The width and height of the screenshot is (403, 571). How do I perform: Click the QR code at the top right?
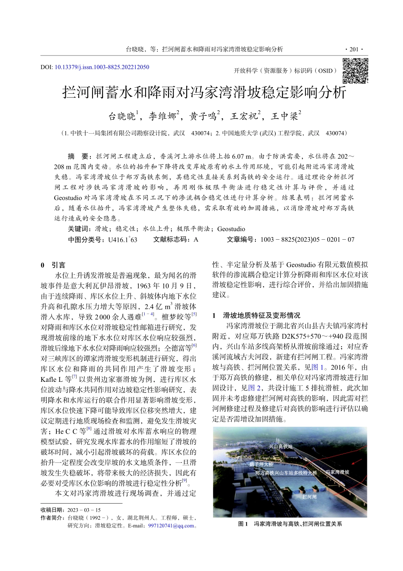[355, 70]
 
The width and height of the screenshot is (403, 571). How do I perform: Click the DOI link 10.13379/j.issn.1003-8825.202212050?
[102, 67]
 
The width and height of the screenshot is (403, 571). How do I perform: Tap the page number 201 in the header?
[354, 49]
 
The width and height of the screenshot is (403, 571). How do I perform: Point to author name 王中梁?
[285, 116]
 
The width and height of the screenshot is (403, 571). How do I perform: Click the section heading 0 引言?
[53, 265]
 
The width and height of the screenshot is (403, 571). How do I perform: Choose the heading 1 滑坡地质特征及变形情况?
[256, 315]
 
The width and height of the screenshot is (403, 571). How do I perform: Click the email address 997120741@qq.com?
[171, 526]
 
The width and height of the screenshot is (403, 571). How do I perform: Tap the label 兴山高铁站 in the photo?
[280, 447]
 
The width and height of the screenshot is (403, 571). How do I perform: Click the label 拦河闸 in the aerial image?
[309, 496]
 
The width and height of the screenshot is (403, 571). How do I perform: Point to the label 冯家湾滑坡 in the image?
[337, 472]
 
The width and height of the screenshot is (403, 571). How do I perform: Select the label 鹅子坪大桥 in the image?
[261, 465]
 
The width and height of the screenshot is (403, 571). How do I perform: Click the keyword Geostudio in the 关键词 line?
[231, 229]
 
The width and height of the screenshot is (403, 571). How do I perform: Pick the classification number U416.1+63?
[123, 240]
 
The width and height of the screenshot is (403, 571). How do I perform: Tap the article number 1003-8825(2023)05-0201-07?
[307, 240]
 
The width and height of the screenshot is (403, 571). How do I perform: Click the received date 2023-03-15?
[84, 510]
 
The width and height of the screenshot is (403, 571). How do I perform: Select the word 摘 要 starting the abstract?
[78, 156]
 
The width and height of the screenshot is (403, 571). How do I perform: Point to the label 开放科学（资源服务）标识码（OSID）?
[285, 71]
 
